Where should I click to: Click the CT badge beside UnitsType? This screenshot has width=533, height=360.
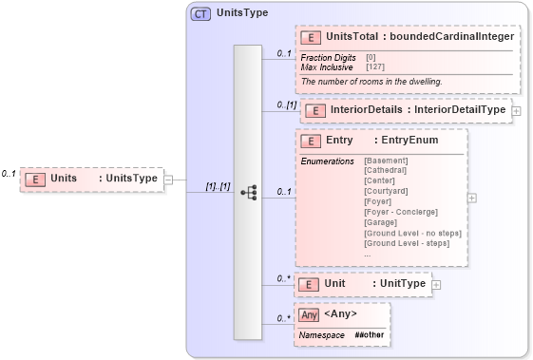200,14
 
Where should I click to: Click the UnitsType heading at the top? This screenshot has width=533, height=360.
242,14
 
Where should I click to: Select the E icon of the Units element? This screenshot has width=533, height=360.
35,178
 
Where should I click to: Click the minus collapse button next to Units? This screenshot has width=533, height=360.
167,178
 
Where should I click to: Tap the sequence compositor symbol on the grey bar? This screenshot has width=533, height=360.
248,192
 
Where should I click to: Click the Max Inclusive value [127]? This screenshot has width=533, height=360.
376,66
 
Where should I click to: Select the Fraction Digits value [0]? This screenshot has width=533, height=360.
371,57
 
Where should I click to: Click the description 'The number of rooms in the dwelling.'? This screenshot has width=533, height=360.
371,82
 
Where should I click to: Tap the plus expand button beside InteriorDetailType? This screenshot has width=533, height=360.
516,111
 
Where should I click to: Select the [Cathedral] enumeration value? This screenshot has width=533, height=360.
388,170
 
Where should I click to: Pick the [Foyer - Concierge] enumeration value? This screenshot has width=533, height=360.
401,212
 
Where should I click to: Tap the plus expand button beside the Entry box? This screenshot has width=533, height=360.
472,199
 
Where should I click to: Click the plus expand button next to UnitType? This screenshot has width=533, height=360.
436,284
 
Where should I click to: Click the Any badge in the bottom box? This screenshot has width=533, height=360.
309,314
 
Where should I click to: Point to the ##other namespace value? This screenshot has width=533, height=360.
370,335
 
